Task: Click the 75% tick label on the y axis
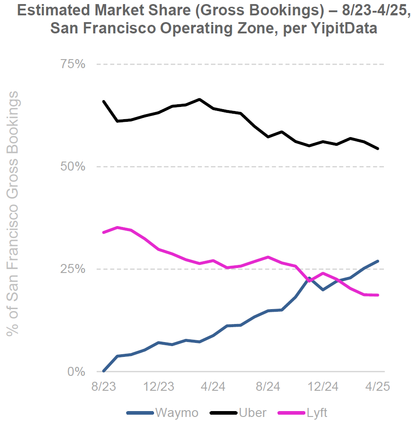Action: [73, 64]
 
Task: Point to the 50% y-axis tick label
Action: [73, 167]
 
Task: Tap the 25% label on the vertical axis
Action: [73, 269]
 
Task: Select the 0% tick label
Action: [77, 372]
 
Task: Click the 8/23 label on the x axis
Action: [103, 387]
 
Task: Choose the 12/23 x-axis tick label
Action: [159, 387]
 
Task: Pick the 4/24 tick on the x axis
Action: [213, 387]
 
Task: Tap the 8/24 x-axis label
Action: [268, 387]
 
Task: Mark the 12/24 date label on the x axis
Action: [323, 387]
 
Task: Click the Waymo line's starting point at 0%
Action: [104, 371]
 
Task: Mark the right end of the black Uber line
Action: [378, 148]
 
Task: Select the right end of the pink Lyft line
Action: [378, 295]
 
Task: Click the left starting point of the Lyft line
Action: [104, 232]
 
